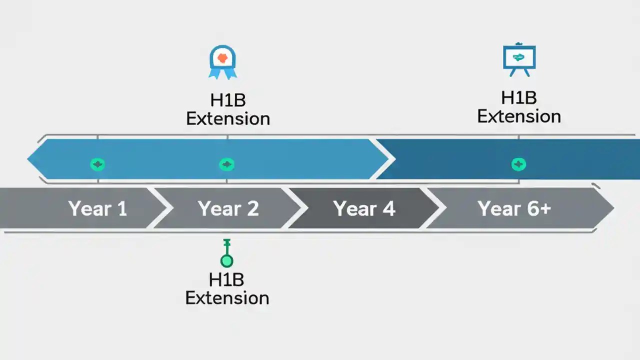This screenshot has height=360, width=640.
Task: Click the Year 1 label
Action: click(x=97, y=208)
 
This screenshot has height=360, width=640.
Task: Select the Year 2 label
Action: click(x=228, y=208)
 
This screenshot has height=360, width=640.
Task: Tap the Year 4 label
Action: click(x=364, y=208)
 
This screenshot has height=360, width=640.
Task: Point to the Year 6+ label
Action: click(x=514, y=208)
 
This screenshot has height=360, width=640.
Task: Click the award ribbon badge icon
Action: click(x=222, y=62)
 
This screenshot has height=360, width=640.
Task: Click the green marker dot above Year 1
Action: click(x=97, y=164)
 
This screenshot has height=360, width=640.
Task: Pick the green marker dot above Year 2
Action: click(x=227, y=164)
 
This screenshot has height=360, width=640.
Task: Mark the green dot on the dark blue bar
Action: click(x=518, y=164)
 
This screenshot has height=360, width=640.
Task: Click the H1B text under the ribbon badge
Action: click(x=228, y=100)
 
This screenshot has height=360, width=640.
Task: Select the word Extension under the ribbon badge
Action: click(x=228, y=119)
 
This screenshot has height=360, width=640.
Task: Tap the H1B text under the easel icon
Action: click(x=519, y=97)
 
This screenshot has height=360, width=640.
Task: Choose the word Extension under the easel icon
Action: click(x=519, y=116)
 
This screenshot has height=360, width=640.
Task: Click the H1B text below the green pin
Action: click(x=227, y=279)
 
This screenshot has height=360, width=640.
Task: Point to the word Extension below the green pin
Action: click(x=227, y=298)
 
